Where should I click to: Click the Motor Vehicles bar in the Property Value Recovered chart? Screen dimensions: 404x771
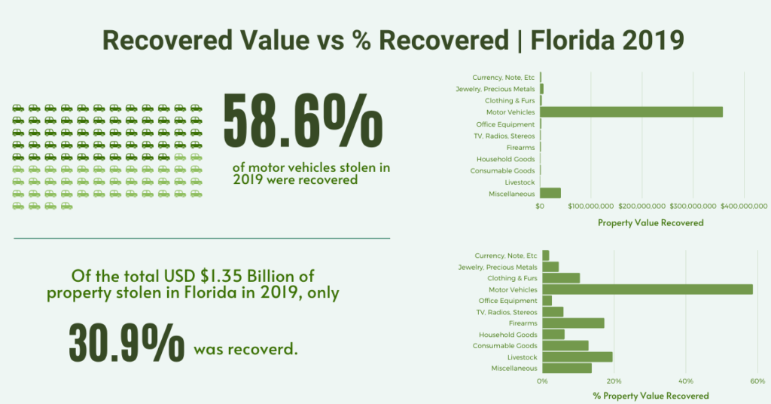pos(631,112)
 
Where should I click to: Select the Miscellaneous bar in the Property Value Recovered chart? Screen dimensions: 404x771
pos(550,193)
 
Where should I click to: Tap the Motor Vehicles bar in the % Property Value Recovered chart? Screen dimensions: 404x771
pos(647,289)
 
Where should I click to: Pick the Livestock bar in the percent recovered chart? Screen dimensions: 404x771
pos(577,357)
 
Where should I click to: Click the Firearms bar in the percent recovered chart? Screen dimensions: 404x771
pos(573,323)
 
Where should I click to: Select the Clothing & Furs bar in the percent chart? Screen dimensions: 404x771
pos(561,278)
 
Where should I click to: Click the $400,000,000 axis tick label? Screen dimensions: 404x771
pos(744,206)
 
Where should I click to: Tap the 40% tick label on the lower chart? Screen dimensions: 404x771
pos(686,381)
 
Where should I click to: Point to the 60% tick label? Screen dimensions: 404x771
pos(757,381)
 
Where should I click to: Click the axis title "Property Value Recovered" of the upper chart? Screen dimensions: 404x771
pos(651,223)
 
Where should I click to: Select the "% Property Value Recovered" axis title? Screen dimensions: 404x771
pos(651,396)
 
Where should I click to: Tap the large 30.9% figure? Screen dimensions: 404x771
pos(126,343)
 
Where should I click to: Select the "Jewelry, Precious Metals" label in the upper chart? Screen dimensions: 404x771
pos(495,89)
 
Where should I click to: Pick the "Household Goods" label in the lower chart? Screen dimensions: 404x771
pos(507,335)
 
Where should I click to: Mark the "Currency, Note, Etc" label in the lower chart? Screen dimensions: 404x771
pos(506,256)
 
